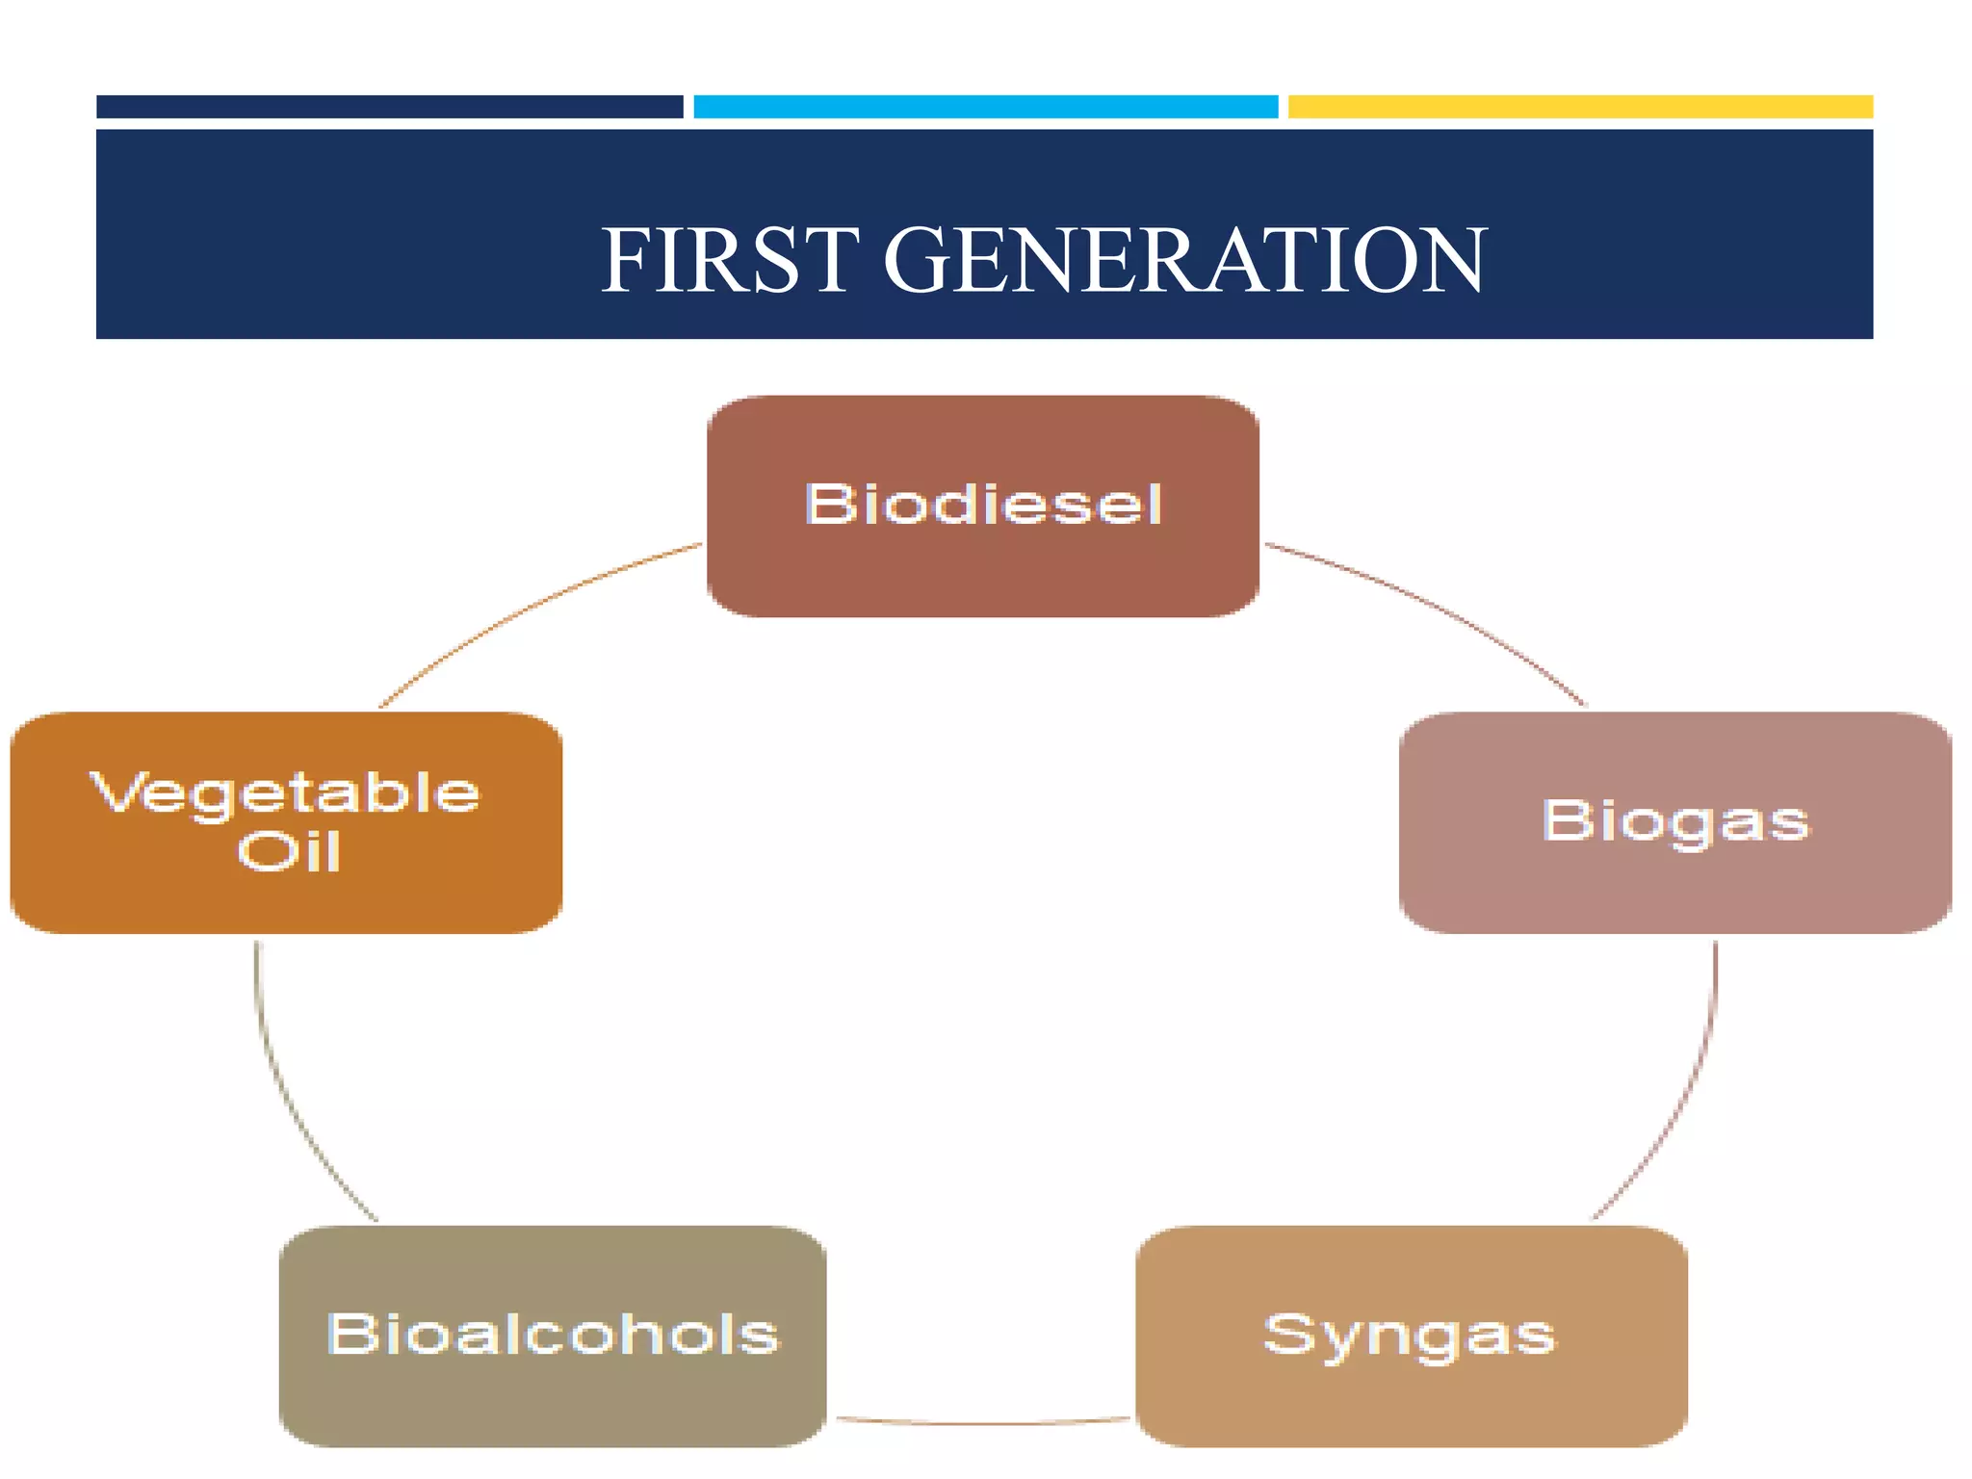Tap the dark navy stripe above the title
pyautogui.click(x=389, y=107)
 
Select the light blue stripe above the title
pyautogui.click(x=985, y=107)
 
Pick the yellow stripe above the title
pyautogui.click(x=1579, y=107)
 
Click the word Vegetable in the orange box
pyautogui.click(x=285, y=794)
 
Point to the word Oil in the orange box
pyautogui.click(x=289, y=852)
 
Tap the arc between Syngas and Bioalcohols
pyautogui.click(x=982, y=1422)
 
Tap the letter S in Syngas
pyautogui.click(x=1290, y=1334)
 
